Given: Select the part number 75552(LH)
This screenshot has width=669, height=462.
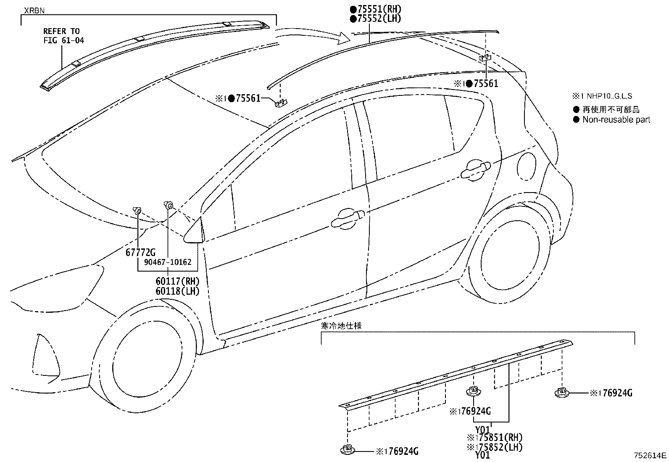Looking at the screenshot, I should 377,18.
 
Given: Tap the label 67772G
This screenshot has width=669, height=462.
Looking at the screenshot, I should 140,252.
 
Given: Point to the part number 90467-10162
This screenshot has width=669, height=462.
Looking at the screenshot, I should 167,262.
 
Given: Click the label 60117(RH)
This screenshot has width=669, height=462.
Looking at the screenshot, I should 177,281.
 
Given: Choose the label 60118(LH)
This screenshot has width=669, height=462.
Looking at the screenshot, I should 177,290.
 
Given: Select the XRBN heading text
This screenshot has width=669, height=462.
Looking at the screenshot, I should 34,11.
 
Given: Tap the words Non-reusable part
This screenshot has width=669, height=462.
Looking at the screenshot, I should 616,120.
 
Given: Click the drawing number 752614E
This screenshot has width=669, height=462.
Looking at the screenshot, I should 650,455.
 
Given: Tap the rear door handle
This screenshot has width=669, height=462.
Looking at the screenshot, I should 475,169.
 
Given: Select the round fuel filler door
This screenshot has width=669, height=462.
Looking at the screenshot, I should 527,164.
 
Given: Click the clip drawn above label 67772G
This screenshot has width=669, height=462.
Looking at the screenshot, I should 137,210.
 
